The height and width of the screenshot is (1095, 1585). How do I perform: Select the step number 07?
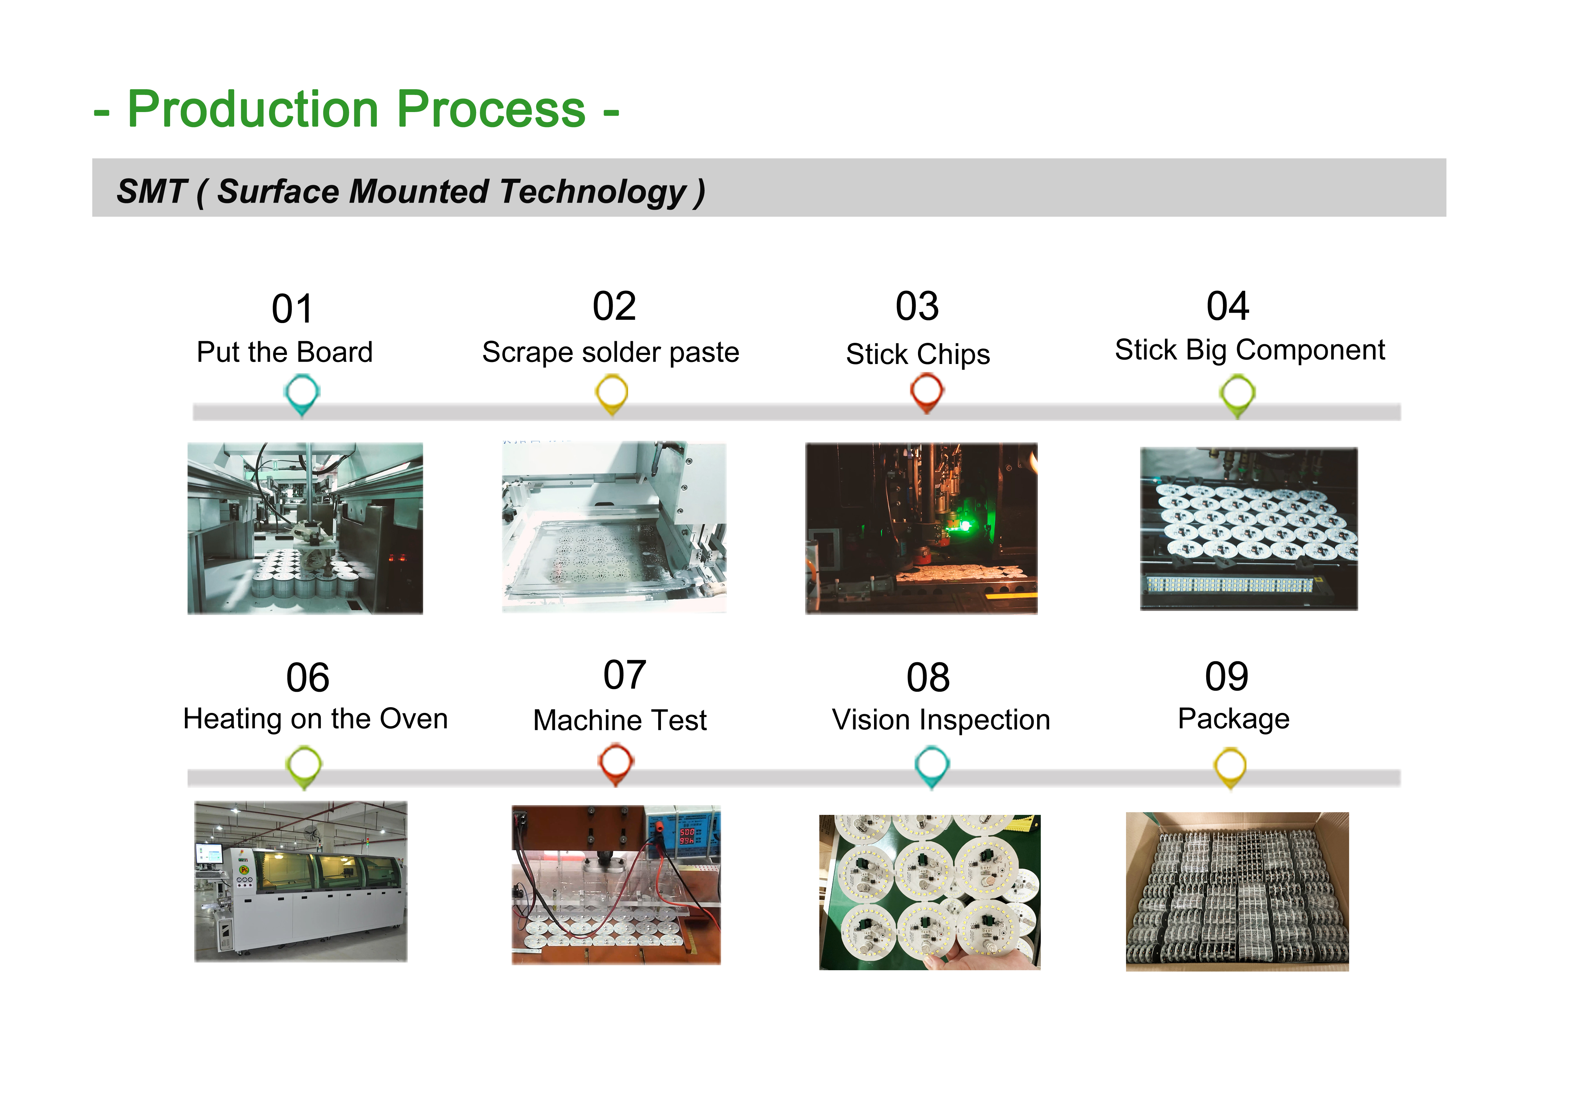tap(624, 675)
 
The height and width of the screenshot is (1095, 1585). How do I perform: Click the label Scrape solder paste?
tap(611, 353)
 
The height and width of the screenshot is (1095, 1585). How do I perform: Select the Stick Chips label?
tap(918, 355)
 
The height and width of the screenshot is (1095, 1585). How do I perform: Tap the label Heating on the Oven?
tap(316, 719)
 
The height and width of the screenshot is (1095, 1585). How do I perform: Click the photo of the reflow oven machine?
tap(301, 882)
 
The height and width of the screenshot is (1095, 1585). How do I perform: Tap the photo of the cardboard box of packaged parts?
tap(1237, 892)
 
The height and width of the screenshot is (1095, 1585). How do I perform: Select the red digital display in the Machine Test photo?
tap(687, 836)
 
